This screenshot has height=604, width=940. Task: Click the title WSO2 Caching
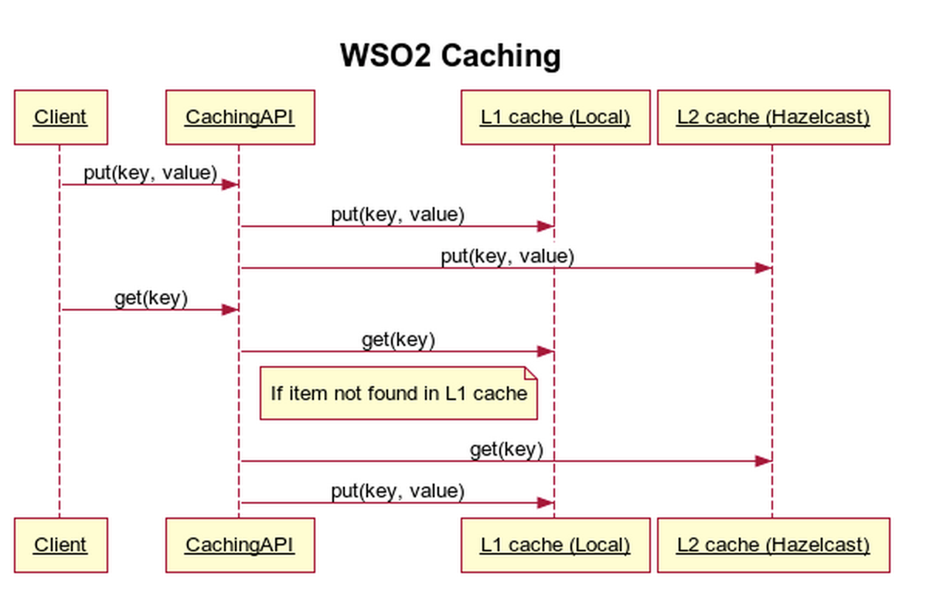coord(451,56)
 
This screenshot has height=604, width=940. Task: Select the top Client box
coord(60,117)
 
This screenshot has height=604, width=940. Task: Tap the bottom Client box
coord(60,545)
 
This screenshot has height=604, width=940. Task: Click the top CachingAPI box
coord(240,117)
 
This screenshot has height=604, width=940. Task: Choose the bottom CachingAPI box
coord(240,545)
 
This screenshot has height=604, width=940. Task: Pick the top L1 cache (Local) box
coord(555,117)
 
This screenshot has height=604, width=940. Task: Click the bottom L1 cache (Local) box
coord(555,545)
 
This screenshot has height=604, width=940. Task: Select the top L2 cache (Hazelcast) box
coord(773,117)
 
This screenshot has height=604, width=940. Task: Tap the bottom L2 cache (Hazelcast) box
coord(773,545)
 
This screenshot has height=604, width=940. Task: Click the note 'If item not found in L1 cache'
coord(398,393)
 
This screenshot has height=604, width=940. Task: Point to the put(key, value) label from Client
coord(150,173)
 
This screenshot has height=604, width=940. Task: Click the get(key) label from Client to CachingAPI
coord(151,298)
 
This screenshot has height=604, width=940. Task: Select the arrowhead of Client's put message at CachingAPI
coord(230,185)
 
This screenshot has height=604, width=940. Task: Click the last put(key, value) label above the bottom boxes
coord(397,491)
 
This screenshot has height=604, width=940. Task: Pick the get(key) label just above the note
coord(398,340)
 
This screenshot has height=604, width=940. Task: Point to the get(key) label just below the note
coord(506,450)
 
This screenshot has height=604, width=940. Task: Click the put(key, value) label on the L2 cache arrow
coord(507,256)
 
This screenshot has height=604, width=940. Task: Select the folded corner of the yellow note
coord(531,372)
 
